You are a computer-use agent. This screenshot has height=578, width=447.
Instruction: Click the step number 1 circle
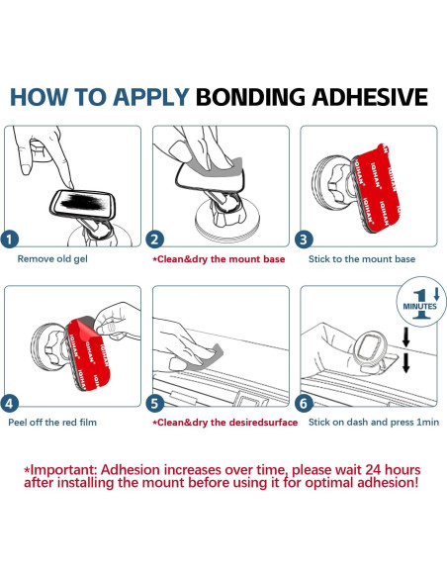pos(10,240)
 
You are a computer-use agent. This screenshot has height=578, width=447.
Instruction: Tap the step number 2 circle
pos(155,240)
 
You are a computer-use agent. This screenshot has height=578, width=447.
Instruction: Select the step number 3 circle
pos(304,240)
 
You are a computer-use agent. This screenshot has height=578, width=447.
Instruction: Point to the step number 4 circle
pos(10,403)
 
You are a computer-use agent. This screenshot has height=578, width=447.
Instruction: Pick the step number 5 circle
pos(155,403)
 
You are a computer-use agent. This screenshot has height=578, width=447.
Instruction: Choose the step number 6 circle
pos(304,403)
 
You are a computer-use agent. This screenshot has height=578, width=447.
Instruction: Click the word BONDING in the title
pos(250,97)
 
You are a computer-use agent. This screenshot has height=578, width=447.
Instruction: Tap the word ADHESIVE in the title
pos(370,97)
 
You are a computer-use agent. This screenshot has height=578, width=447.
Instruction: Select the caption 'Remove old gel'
pos(52,258)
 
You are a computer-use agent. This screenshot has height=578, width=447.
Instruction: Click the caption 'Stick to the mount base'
pos(362,259)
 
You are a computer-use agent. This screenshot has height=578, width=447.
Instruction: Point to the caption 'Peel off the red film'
pos(52,422)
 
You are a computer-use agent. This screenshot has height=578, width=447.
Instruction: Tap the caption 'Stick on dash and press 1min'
pos(374,422)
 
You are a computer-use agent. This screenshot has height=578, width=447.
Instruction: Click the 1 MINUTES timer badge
pos(420,302)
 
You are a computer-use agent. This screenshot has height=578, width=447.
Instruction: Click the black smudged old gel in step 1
pos(82,202)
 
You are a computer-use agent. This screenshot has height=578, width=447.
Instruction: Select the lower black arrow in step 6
pos(406,363)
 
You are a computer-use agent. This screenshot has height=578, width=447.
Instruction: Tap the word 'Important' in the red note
pos(63,470)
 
